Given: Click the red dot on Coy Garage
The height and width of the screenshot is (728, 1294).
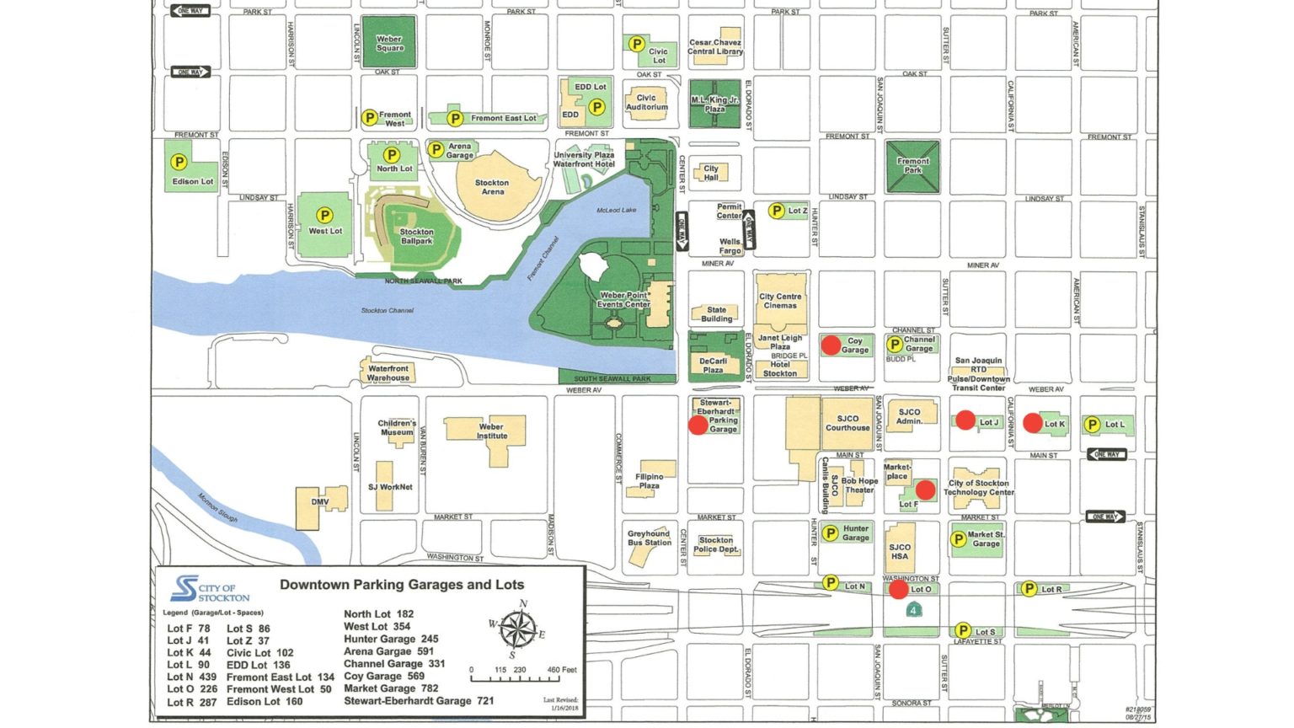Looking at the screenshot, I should click(831, 345).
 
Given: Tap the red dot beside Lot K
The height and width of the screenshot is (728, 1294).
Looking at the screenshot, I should click(1033, 423).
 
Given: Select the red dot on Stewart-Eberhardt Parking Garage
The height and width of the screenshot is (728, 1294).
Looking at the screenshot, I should click(698, 425).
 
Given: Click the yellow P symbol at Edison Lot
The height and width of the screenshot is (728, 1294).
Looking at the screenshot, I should click(179, 162).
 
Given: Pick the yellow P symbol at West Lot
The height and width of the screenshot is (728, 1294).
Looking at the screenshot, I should click(324, 216).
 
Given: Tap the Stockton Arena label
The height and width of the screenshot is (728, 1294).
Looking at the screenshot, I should click(492, 187).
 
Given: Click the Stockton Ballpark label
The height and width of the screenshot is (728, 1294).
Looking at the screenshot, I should click(416, 236).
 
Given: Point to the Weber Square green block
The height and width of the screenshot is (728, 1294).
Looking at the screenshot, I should click(388, 42).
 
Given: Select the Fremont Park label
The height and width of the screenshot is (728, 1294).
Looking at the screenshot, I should click(912, 165).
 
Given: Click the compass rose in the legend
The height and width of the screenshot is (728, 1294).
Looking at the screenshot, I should click(517, 629).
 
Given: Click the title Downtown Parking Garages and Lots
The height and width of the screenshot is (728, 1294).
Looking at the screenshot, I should click(402, 585).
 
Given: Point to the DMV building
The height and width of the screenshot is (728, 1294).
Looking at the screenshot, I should click(320, 502).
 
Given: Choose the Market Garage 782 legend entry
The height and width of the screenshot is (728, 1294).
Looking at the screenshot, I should click(391, 688).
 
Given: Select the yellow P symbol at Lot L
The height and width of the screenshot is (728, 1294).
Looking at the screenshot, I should click(1092, 425).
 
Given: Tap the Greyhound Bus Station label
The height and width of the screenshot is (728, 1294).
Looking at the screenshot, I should click(649, 538).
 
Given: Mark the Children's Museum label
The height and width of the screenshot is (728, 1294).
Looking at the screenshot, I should click(397, 427).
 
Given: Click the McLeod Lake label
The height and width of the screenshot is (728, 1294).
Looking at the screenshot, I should click(617, 210).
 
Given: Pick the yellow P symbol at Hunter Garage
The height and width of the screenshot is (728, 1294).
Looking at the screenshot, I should click(830, 533).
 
